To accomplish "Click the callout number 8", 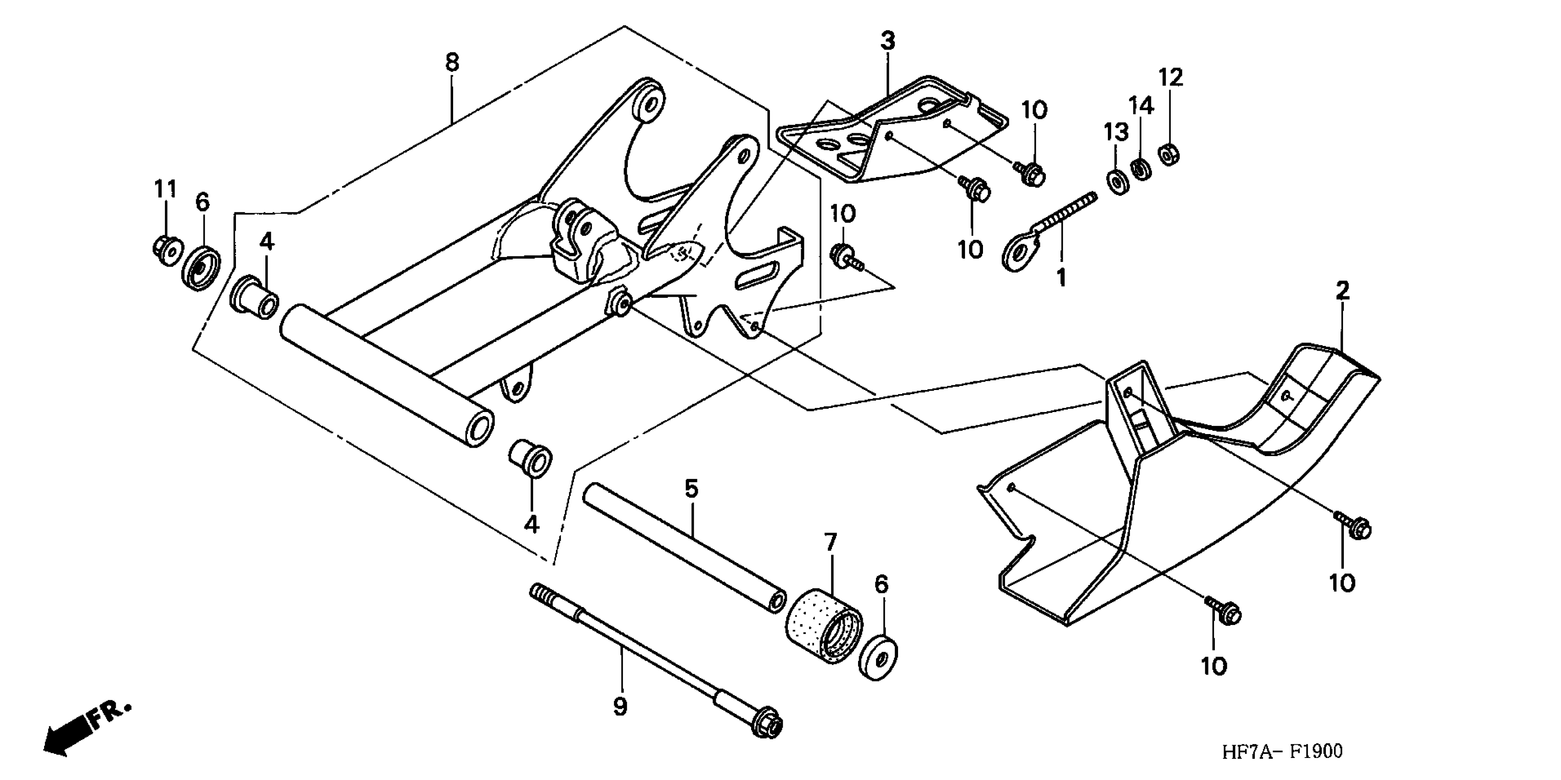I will tap(453, 62).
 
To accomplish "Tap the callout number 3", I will tap(887, 41).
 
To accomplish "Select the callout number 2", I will tap(1343, 291).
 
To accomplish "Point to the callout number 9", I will tap(619, 707).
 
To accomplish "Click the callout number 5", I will tap(691, 488).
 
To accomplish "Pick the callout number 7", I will tap(830, 541).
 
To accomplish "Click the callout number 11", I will tap(165, 189).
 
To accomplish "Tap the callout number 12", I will tap(1171, 78).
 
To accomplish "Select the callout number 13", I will tap(1116, 132).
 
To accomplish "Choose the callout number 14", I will tap(1142, 106).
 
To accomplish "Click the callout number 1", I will tap(1061, 278).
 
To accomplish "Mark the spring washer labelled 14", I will tap(1141, 168).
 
